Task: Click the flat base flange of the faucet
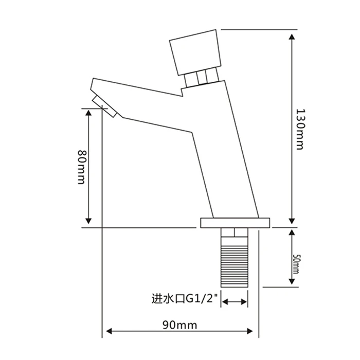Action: tap(235, 222)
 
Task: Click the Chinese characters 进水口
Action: tap(168, 298)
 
